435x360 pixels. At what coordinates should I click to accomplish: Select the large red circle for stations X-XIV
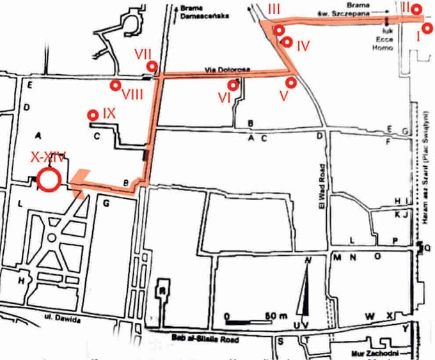pos(49,179)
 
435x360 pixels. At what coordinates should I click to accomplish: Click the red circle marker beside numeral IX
pos(93,115)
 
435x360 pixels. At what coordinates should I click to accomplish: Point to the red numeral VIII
pos(132,94)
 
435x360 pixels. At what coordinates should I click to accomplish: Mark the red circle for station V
pos(292,82)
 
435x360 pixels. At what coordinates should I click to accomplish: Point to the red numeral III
pos(274,8)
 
